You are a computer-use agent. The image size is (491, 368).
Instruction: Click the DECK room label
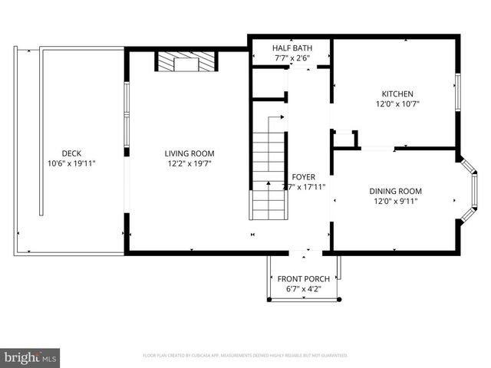71,153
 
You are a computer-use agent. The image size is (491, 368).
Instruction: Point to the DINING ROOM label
396,191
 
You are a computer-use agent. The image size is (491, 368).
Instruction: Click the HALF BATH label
291,48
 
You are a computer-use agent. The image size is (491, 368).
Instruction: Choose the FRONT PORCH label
305,278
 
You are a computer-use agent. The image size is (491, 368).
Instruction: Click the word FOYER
303,176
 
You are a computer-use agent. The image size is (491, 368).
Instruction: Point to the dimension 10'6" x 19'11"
71,163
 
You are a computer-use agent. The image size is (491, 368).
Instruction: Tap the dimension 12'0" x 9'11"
396,202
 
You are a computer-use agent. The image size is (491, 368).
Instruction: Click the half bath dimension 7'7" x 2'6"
291,58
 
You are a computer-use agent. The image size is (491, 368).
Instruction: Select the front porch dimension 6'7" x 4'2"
305,289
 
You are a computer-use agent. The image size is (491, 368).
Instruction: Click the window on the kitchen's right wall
458,94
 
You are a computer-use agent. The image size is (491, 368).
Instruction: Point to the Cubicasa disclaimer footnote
245,356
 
